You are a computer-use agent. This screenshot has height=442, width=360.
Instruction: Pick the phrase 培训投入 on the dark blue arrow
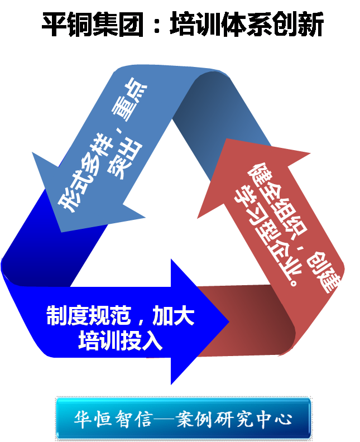pos(120,340)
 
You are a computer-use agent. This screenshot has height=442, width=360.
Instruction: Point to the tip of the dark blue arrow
pos(228,321)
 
